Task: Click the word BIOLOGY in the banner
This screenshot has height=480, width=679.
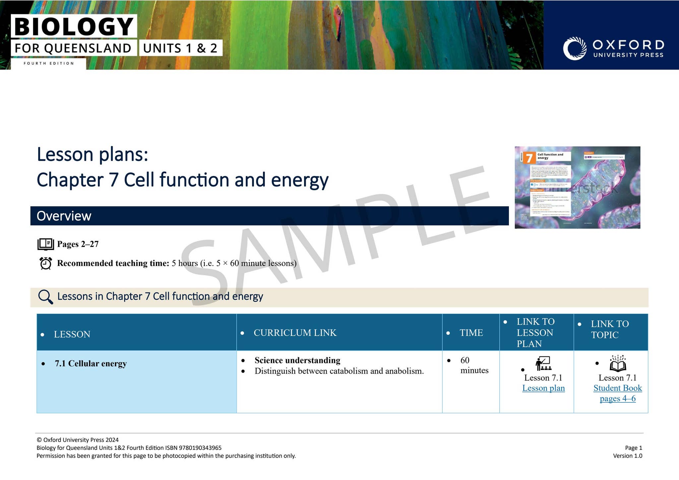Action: coord(74,27)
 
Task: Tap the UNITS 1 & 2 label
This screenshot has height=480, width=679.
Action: coord(180,48)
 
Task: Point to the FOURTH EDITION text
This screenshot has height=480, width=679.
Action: coord(49,63)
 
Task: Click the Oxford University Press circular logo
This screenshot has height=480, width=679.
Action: coord(575,48)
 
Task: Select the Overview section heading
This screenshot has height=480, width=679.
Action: coord(64,216)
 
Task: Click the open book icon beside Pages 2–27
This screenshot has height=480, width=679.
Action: coord(45,244)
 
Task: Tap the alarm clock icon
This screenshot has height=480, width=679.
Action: coord(45,263)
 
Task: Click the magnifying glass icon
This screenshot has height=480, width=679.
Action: coord(45,297)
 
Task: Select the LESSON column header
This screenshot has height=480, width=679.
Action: coord(72,334)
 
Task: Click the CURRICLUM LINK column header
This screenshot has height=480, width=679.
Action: coord(295,333)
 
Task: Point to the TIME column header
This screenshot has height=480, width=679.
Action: coord(471,333)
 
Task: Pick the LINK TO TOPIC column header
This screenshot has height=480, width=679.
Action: coord(609,329)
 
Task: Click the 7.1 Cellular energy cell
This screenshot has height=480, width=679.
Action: coord(91,363)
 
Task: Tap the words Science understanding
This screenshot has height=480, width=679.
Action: coord(297,360)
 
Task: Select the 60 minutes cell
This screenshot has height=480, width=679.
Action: coord(474,365)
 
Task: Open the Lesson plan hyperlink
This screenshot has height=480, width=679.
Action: coord(543,388)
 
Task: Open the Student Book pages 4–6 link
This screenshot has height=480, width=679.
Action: coord(617,393)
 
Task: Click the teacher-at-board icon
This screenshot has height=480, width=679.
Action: coord(543,363)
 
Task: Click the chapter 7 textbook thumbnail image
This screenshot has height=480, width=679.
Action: coord(577,187)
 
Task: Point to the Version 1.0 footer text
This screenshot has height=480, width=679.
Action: coord(627,456)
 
